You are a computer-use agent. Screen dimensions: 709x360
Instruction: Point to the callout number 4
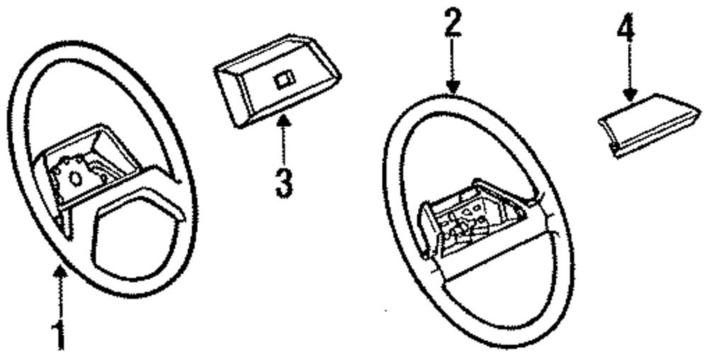point(627,33)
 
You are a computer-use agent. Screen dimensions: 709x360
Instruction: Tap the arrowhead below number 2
point(453,89)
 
